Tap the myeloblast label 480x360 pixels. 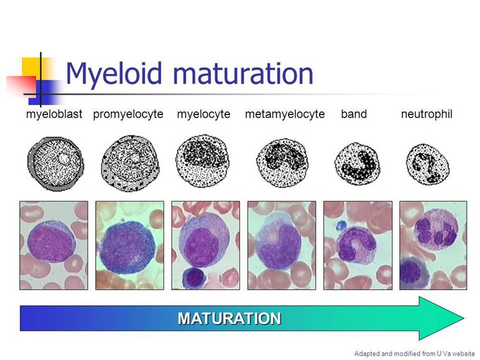click(54, 114)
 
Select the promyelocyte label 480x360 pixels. click(128, 114)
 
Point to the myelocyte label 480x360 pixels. click(203, 114)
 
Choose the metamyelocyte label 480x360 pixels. click(284, 114)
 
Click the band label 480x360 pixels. click(354, 114)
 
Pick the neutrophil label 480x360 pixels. click(426, 114)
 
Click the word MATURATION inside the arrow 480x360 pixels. click(229, 318)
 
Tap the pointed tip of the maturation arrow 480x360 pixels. click(462, 318)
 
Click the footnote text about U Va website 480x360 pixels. click(414, 353)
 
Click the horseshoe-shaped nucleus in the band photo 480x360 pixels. click(353, 247)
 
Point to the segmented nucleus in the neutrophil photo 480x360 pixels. click(432, 233)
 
